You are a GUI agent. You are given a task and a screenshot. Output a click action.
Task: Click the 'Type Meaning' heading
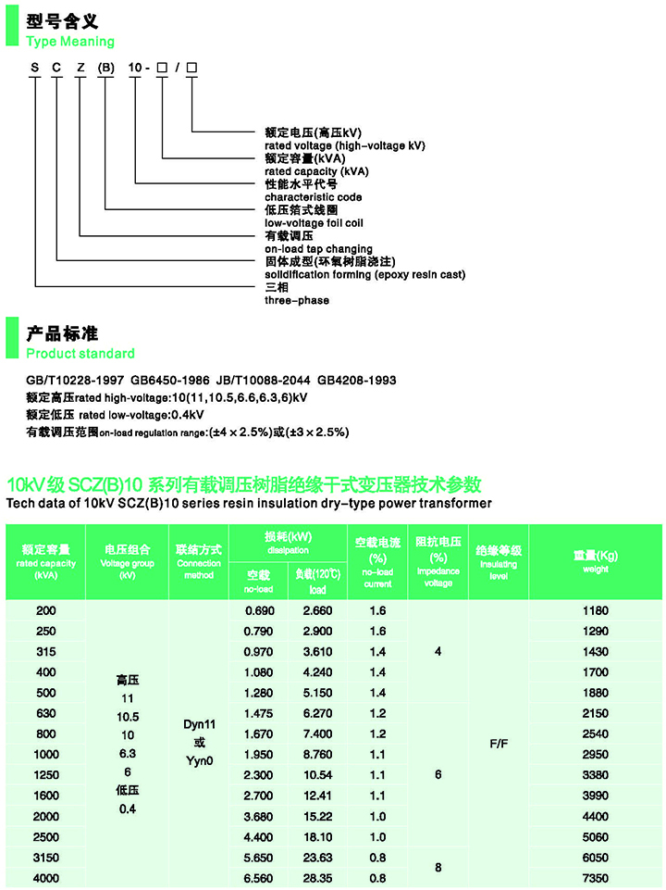70,42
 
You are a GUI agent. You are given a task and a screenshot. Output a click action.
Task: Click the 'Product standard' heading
80,354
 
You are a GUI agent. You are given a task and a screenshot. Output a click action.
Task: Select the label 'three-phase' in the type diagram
296,301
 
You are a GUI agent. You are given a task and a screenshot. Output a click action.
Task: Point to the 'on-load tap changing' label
318,249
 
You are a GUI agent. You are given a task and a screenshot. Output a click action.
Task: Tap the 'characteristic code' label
313,197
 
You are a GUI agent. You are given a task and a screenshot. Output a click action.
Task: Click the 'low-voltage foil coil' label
314,223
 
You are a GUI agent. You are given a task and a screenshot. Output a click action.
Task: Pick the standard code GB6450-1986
170,381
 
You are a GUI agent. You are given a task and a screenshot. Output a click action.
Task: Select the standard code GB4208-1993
357,381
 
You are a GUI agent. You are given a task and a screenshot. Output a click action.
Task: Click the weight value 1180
595,611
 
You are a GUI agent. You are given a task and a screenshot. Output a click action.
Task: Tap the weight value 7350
595,878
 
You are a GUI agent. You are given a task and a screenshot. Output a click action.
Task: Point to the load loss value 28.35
317,878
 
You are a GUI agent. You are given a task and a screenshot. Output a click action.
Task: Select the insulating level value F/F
499,744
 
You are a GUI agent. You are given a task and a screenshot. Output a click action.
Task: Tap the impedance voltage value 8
438,868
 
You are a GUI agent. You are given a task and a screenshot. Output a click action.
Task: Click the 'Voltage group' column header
128,562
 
